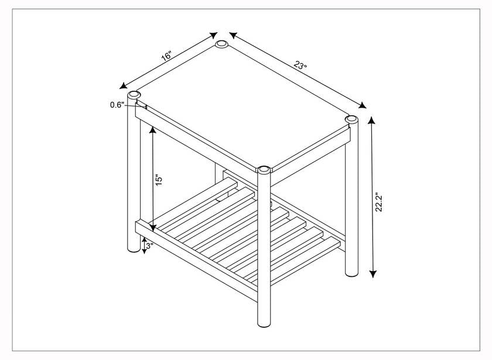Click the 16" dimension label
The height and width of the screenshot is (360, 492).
point(166,56)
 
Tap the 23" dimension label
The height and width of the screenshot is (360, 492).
point(300,65)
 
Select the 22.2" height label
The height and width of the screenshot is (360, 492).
point(379,202)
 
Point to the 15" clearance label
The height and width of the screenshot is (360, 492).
point(159,180)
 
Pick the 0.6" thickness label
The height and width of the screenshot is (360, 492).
point(117,105)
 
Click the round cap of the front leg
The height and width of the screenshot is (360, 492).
point(264,170)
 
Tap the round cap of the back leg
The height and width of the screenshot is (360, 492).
point(222,44)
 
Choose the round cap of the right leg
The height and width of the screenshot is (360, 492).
point(351,119)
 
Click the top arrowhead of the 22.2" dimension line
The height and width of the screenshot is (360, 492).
point(372,120)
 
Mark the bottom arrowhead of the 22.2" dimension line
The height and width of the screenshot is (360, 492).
point(373,274)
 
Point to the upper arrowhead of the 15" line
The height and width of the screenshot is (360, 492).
point(152,129)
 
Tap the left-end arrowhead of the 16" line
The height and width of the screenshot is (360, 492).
point(124,85)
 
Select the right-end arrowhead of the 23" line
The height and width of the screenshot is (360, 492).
point(362,105)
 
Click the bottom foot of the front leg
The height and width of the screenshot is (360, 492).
point(264,323)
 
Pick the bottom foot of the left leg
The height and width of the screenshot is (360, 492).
point(134,248)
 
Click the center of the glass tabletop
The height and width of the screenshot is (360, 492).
point(242,107)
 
